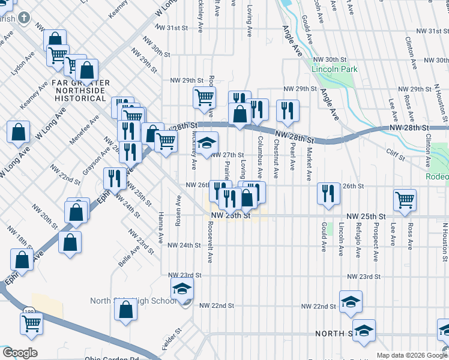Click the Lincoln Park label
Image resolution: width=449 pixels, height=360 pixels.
[334, 69]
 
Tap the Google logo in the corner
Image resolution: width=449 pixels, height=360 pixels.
[19, 353]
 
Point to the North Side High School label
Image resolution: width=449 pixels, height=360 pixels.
[133, 301]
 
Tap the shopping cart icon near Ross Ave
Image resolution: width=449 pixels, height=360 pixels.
[405, 200]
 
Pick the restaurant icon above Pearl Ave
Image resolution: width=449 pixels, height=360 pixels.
[288, 110]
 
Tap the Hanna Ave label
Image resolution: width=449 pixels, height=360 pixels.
[161, 227]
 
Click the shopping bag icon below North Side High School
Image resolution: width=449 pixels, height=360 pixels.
[126, 311]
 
